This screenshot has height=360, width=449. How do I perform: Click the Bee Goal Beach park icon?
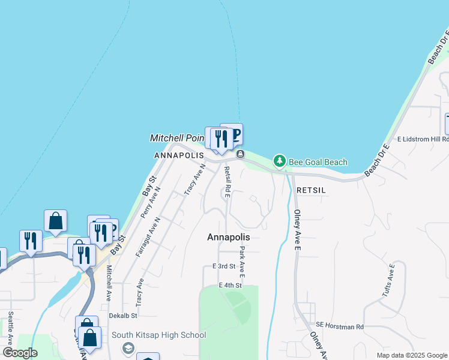point(279,161)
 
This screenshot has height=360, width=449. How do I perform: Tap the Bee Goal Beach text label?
point(318,162)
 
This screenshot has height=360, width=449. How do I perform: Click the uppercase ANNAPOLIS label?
point(179,155)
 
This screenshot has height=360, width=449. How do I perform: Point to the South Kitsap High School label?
point(158,335)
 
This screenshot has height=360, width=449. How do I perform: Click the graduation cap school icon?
point(128,349)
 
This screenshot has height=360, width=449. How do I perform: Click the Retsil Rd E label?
point(227,182)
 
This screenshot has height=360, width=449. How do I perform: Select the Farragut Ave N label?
point(148,238)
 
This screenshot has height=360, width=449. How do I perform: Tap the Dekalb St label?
point(123,315)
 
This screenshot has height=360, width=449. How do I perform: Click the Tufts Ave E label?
point(388,280)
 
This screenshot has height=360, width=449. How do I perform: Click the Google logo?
point(20,353)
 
